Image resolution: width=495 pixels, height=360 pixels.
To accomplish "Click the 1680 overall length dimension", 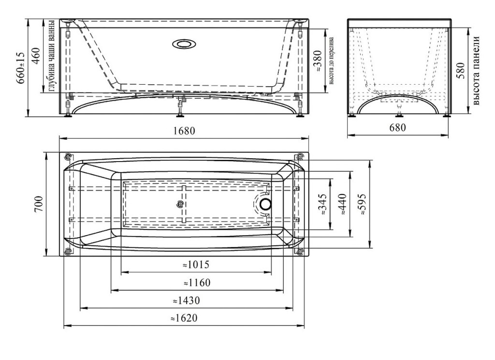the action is (184, 131).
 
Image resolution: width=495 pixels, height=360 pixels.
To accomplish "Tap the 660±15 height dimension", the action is (20, 68).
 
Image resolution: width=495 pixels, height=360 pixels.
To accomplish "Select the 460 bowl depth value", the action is (37, 56).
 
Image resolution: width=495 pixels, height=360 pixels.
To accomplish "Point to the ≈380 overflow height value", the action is (317, 60).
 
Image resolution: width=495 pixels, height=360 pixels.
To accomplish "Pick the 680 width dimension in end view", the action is (397, 128).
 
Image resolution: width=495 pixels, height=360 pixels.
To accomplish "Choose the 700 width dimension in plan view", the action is (38, 204).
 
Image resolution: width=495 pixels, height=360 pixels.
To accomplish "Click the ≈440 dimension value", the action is (342, 205).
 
